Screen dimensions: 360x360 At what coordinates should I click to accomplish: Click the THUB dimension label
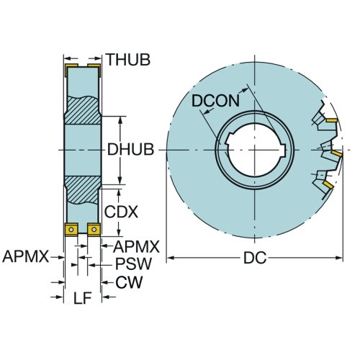click(128, 60)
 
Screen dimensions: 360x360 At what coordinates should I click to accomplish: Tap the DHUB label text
click(130, 150)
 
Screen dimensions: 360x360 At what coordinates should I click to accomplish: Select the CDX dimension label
click(121, 212)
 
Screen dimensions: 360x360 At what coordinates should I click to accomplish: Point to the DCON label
click(215, 101)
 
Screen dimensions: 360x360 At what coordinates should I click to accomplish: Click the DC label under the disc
click(255, 258)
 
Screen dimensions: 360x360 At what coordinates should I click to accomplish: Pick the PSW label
click(133, 264)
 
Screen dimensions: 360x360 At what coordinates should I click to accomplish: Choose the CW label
click(129, 282)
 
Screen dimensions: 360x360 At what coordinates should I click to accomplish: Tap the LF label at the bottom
click(82, 298)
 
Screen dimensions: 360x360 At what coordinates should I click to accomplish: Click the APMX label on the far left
click(26, 256)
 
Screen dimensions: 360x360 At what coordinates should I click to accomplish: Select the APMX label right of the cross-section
click(136, 247)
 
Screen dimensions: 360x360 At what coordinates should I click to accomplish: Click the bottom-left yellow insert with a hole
click(71, 230)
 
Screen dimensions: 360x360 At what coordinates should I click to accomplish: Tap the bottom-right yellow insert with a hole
click(94, 230)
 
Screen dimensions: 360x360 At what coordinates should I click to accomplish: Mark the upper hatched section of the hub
click(83, 110)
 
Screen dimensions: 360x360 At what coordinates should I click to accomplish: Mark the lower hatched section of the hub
click(83, 190)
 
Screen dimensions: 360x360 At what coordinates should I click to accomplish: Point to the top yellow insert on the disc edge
click(331, 120)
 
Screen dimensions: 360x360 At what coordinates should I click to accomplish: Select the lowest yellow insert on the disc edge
click(328, 184)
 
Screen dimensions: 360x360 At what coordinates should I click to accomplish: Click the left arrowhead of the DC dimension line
click(170, 258)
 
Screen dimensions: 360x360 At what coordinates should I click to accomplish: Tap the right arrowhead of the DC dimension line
click(338, 258)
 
